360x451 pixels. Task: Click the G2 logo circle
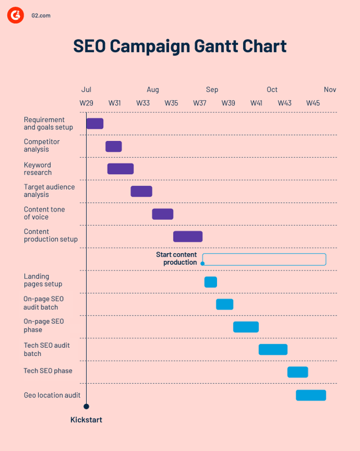tap(15, 15)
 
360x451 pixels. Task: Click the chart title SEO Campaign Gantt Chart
tap(180, 46)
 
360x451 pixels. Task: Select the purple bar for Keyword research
tap(120, 169)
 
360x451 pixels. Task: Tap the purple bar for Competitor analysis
tap(114, 146)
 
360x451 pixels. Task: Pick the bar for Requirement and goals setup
tap(95, 124)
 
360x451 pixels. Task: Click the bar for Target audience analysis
tap(141, 191)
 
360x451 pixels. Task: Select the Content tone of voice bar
tap(163, 214)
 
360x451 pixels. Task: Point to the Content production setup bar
tap(188, 237)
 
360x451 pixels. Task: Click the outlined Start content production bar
tap(264, 259)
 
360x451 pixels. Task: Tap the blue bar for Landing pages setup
tap(210, 282)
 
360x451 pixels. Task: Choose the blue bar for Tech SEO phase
tap(298, 372)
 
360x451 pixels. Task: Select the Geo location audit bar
tap(311, 395)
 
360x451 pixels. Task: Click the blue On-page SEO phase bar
tap(246, 327)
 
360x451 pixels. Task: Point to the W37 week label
tap(199, 103)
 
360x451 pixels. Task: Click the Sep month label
tap(212, 90)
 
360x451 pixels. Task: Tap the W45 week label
tap(313, 103)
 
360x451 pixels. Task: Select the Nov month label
tap(330, 90)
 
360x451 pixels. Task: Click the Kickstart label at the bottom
tap(86, 420)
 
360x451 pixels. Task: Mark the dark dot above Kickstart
tap(86, 406)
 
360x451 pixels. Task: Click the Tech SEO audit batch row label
tap(47, 349)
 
